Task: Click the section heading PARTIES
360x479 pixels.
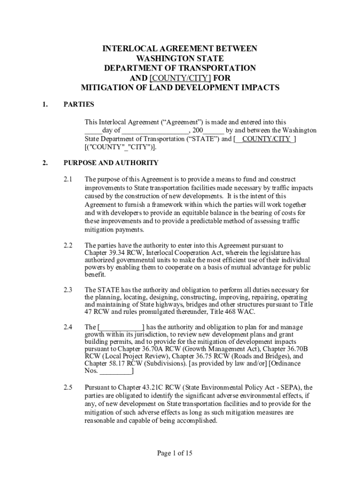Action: (x=79, y=104)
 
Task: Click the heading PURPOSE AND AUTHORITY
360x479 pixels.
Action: (x=111, y=163)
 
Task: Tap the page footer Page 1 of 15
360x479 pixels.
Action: (x=175, y=453)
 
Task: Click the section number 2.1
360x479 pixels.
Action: (x=68, y=180)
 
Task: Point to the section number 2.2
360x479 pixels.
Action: (x=68, y=245)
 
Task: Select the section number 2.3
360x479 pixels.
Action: (x=68, y=290)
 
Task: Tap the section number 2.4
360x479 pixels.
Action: (x=68, y=327)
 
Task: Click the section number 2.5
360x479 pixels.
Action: (x=68, y=387)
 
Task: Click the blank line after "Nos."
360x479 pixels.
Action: (x=116, y=371)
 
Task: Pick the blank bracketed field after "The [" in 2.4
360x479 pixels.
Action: (x=122, y=327)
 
